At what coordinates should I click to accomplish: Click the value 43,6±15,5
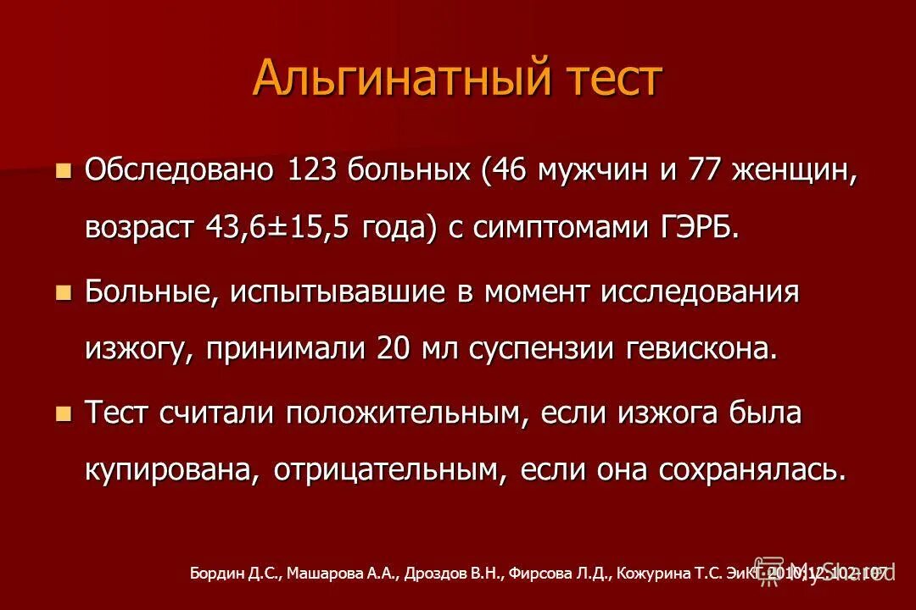click(x=276, y=226)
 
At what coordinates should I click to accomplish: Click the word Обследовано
click(x=179, y=169)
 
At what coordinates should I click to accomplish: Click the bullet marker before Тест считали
click(x=63, y=413)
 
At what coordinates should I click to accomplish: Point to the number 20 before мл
click(x=394, y=348)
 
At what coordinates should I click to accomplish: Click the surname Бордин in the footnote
click(x=217, y=574)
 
